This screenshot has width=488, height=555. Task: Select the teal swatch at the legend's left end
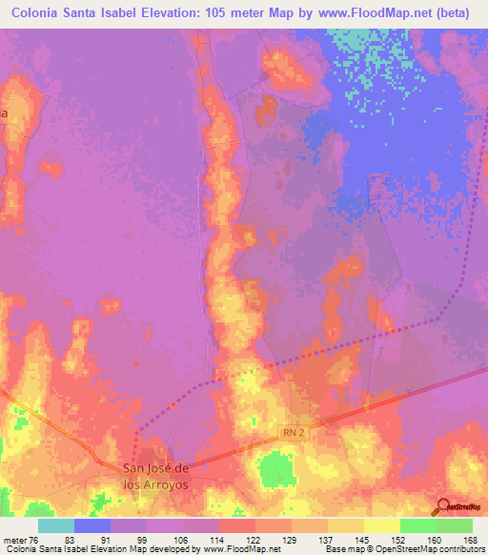[56, 525]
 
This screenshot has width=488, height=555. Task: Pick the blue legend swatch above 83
[92, 525]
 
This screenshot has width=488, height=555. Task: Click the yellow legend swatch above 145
[346, 525]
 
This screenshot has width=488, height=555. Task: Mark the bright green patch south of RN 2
[277, 468]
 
